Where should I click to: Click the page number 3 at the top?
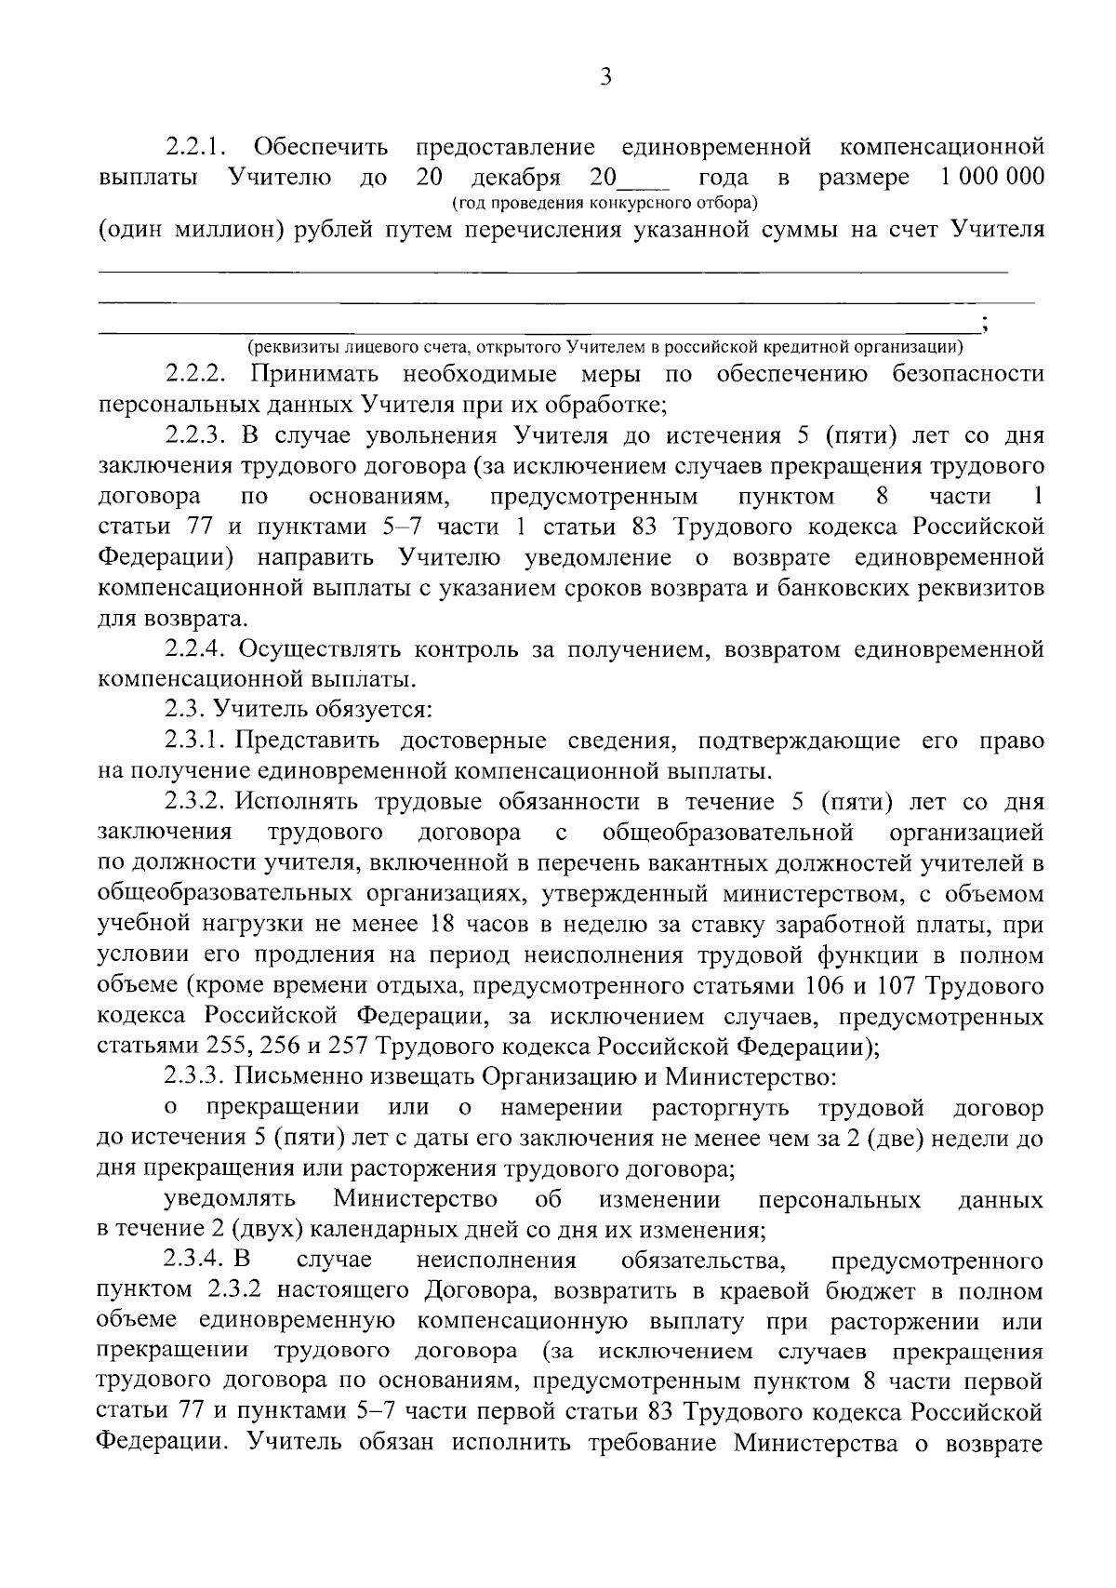point(605,78)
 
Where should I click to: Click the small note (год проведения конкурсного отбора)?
point(604,202)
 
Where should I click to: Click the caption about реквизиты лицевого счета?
point(604,348)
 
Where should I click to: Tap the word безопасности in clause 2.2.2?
point(967,375)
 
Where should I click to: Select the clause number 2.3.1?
point(194,741)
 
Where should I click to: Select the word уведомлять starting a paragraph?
point(230,1200)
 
